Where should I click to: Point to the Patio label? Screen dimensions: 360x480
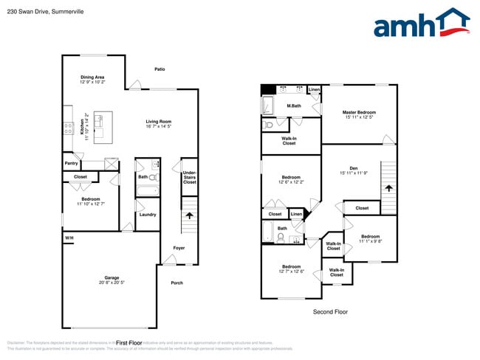160,69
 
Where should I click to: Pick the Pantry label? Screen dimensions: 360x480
71,163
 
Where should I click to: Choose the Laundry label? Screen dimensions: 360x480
147,215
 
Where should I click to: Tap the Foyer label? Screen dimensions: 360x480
179,248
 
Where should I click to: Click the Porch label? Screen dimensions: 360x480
177,283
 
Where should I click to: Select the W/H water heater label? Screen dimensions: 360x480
69,238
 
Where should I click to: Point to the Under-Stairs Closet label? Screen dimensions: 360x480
190,177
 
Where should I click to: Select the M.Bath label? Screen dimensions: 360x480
293,106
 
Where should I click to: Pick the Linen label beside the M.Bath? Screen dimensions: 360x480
314,90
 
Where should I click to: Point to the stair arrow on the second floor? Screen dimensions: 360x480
388,188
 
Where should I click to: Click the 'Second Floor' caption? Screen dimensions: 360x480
330,312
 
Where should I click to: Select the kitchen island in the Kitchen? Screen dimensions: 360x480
103,127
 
